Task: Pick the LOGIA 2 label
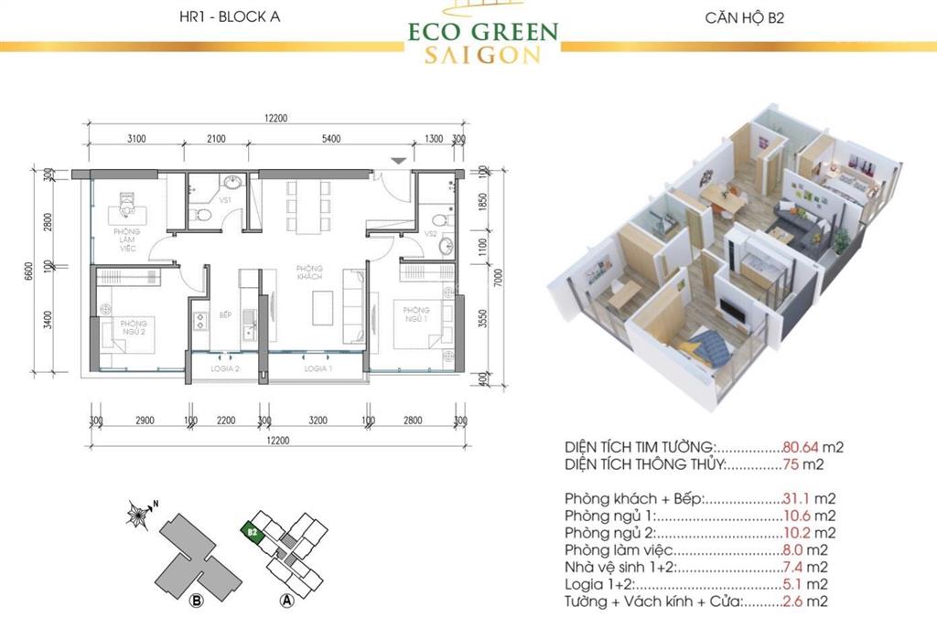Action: pos(224,368)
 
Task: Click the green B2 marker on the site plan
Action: pos(250,529)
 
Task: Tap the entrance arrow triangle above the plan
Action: pos(397,160)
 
